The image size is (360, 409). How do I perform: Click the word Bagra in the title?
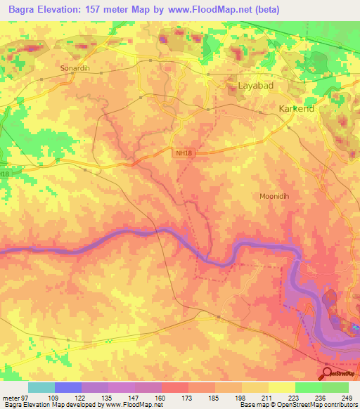pyautogui.click(x=25, y=9)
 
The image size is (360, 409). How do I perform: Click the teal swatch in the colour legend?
pyautogui.click(x=41, y=387)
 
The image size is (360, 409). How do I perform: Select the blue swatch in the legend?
pyautogui.click(x=68, y=387)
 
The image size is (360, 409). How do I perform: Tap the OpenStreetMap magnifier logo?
pyautogui.click(x=328, y=374)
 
